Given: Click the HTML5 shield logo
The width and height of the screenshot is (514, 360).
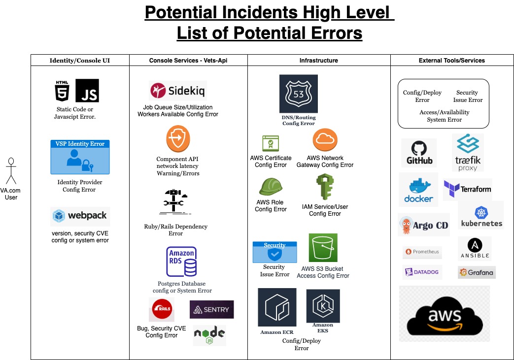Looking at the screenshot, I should pyautogui.click(x=63, y=91).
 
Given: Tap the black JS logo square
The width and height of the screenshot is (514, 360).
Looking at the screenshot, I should pyautogui.click(x=87, y=91).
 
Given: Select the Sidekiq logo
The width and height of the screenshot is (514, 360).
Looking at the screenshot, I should pyautogui.click(x=177, y=91).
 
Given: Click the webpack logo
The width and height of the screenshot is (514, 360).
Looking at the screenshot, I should pyautogui.click(x=79, y=216).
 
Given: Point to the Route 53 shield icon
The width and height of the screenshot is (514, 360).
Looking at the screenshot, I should pyautogui.click(x=298, y=94).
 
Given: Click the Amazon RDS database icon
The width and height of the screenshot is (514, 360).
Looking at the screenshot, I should pyautogui.click(x=181, y=262).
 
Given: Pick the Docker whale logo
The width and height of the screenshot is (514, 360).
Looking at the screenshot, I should pyautogui.click(x=418, y=190).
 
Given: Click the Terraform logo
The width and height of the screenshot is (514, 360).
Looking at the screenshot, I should pyautogui.click(x=468, y=189).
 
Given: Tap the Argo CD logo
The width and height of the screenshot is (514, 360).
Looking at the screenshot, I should pyautogui.click(x=424, y=226).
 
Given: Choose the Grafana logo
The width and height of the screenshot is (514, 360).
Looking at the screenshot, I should pyautogui.click(x=476, y=272).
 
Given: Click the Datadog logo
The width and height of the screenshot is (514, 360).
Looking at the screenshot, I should pyautogui.click(x=422, y=272).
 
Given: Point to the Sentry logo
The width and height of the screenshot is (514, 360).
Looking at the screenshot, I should pyautogui.click(x=211, y=309).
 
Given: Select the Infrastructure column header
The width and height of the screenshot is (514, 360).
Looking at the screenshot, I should pyautogui.click(x=319, y=60).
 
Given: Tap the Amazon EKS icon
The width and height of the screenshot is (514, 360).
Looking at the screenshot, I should pyautogui.click(x=323, y=306).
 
